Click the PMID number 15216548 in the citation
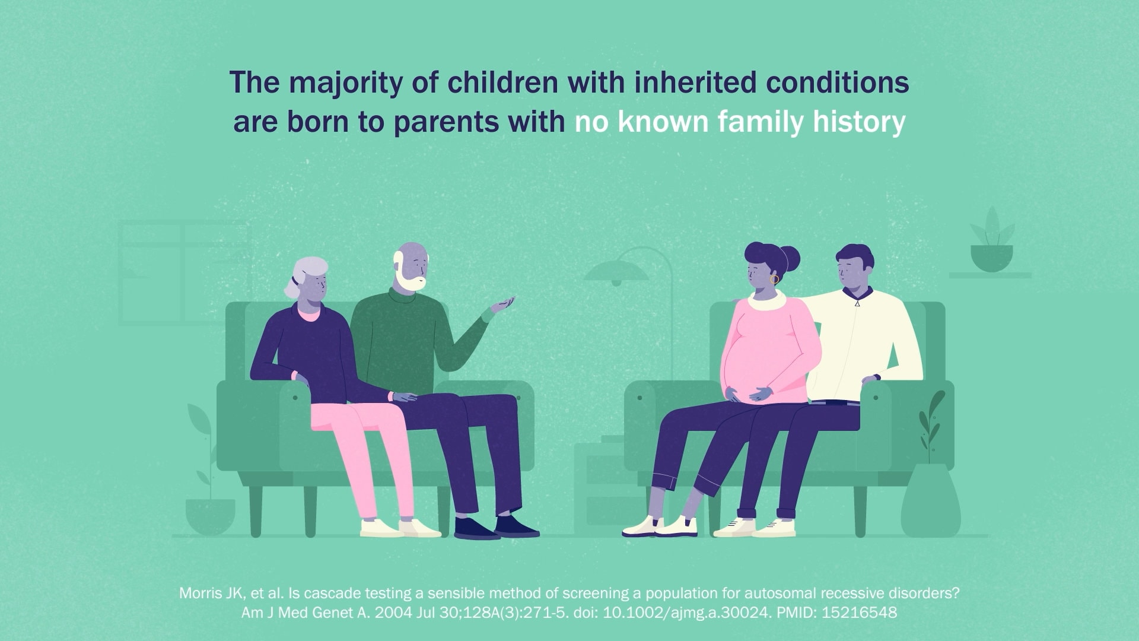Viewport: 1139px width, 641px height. [859, 613]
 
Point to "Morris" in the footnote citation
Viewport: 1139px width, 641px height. [200, 593]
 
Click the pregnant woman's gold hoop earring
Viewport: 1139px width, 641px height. [774, 279]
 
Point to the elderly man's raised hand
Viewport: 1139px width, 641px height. [502, 306]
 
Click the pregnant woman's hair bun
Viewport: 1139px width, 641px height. [790, 259]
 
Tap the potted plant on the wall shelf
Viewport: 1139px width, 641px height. [992, 240]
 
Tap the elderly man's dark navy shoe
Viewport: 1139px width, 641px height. [516, 526]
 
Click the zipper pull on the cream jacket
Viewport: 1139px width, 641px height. [857, 303]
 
